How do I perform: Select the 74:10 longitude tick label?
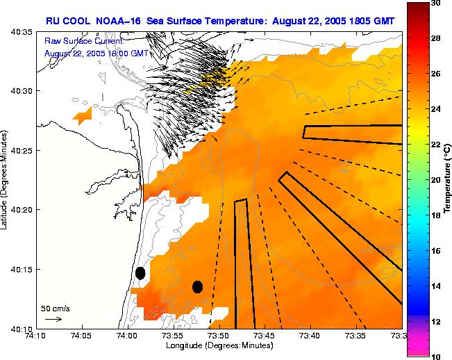click(x=36, y=336)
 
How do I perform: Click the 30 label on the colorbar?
click(x=436, y=3)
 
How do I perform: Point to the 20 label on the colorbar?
click(x=436, y=179)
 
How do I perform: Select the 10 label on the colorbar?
click(x=436, y=355)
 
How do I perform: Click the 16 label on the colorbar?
click(x=436, y=250)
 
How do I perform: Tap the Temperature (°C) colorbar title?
click(x=448, y=179)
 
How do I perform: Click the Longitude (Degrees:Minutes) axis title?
click(x=218, y=345)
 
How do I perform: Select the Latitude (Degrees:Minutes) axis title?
click(x=5, y=179)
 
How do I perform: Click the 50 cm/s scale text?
click(x=55, y=308)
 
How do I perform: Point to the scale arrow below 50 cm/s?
click(x=53, y=319)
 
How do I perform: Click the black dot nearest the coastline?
click(x=140, y=273)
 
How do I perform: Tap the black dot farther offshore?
click(x=197, y=286)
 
